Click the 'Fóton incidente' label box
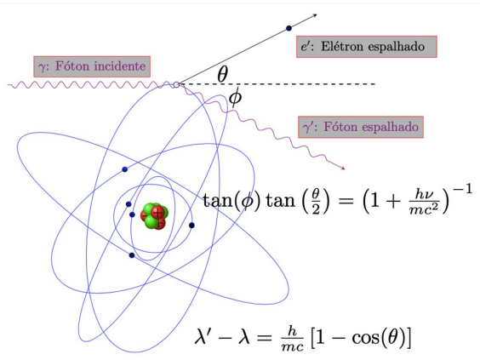click(92, 66)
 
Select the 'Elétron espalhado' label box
click(367, 47)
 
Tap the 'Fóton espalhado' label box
click(361, 127)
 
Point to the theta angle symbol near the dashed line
click(222, 74)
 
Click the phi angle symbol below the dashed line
click(236, 97)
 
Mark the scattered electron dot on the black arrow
click(289, 28)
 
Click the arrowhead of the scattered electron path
click(314, 15)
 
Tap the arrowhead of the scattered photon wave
click(342, 168)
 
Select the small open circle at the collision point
click(176, 85)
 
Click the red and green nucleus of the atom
click(154, 216)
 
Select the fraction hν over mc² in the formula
click(425, 202)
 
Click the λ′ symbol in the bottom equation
click(203, 336)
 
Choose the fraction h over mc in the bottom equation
click(293, 338)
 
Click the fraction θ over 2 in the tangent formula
click(316, 202)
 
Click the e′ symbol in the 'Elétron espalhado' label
click(306, 47)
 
